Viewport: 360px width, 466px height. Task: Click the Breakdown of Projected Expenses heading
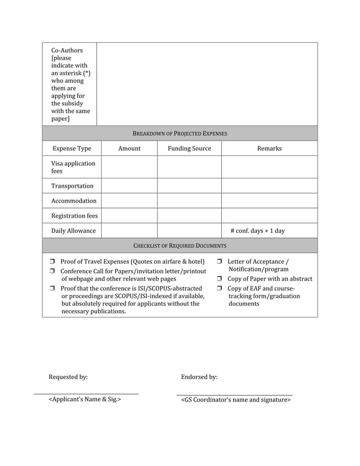click(180, 133)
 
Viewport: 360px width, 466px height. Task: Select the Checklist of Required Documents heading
click(180, 245)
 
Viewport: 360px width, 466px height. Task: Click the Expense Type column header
click(72, 148)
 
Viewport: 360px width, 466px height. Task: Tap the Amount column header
click(129, 148)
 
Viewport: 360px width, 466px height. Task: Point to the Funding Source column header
click(189, 148)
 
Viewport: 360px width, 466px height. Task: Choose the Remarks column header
click(269, 148)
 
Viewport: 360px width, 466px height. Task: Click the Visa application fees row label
click(73, 167)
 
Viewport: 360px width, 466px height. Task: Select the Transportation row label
click(72, 185)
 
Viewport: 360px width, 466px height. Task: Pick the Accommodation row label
click(73, 200)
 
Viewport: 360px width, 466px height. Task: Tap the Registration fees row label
click(74, 216)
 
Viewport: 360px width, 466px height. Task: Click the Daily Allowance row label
click(73, 231)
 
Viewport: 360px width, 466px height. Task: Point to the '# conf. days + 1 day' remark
click(257, 231)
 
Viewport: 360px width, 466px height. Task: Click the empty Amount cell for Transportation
click(129, 185)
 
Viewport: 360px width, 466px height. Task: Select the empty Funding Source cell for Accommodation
click(189, 200)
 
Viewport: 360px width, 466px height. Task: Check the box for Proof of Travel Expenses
click(52, 262)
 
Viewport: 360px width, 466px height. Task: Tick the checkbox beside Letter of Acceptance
click(220, 262)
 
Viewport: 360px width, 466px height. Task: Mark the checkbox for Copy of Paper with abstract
click(220, 279)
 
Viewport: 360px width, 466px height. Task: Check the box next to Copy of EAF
click(220, 288)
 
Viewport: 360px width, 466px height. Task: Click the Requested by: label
click(68, 377)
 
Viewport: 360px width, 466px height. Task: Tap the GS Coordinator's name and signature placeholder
click(235, 399)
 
